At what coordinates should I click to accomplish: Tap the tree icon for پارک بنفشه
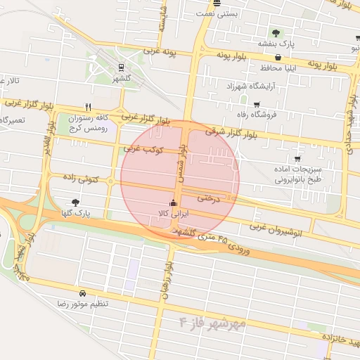click(276, 33)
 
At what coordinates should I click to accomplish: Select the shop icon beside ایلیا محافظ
click(278, 58)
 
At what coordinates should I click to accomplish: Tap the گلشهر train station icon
click(122, 68)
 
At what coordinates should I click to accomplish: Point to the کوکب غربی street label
click(143, 149)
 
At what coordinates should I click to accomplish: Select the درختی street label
click(208, 199)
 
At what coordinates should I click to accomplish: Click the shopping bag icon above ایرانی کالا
click(173, 204)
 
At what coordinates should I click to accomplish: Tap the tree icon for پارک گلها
click(75, 202)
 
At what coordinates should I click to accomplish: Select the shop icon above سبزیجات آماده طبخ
click(297, 159)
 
